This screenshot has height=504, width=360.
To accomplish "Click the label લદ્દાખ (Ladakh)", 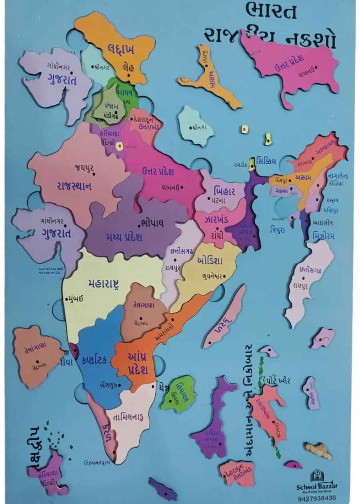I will [121, 49].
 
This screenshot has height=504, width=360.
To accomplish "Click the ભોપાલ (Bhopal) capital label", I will [152, 223].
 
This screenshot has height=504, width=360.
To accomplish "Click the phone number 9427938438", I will [317, 498].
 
